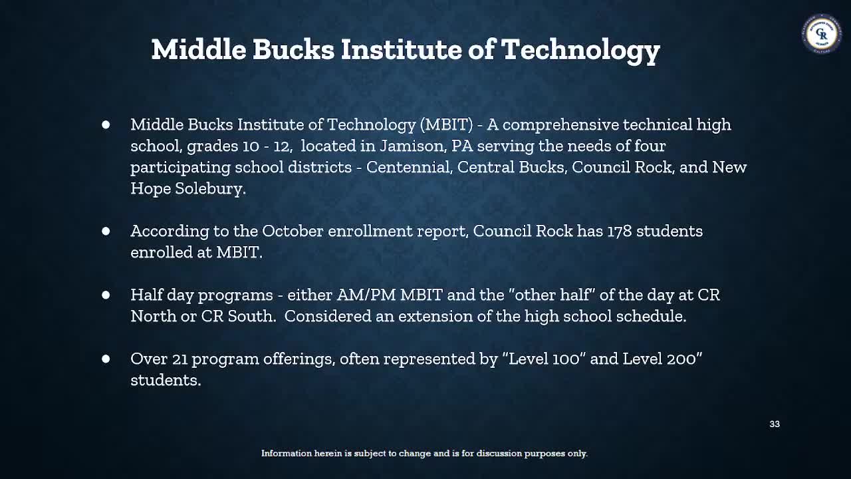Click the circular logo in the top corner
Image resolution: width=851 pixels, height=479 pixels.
click(x=822, y=33)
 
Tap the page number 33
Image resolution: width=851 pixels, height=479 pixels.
click(x=775, y=424)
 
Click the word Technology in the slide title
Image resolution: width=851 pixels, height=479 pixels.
click(x=580, y=50)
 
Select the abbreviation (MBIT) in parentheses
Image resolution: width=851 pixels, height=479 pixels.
click(x=446, y=124)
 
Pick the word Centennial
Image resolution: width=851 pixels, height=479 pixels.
click(x=408, y=167)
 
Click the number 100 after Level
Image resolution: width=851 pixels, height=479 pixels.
click(x=565, y=359)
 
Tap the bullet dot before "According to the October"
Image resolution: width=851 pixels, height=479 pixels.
click(x=106, y=231)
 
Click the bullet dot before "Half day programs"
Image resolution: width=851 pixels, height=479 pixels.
click(x=106, y=295)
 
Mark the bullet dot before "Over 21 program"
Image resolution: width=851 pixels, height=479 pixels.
click(x=106, y=359)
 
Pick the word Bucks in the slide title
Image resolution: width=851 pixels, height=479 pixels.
click(x=293, y=50)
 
